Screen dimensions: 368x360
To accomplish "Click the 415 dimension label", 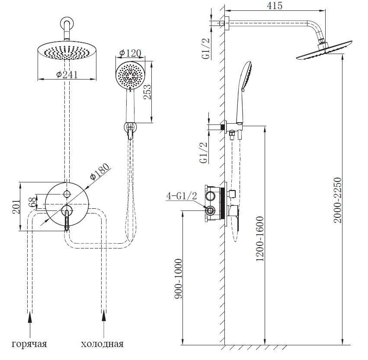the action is [x=274, y=5].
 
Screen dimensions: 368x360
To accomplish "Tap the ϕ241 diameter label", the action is [x=67, y=75].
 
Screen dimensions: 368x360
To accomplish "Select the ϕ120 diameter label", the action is [x=130, y=54].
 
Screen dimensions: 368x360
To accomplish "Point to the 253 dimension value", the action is [x=147, y=92].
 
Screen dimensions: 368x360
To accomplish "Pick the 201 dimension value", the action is [x=16, y=207].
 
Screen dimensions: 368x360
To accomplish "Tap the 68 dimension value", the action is [x=33, y=202].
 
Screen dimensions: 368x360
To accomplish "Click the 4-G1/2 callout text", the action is [x=182, y=196].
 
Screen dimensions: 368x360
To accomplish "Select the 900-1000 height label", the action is [x=179, y=279].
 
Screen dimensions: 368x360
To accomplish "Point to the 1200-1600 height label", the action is [x=260, y=239].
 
